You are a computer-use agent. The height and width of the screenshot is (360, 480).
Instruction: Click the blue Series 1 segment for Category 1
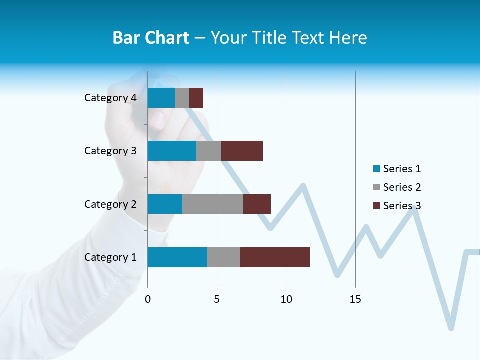coord(177,257)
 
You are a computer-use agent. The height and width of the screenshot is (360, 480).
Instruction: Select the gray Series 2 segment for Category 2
coord(213,204)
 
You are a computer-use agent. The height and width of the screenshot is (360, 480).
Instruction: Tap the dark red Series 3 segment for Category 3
coord(242,151)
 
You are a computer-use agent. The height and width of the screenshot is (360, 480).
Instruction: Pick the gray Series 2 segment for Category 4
coord(182,98)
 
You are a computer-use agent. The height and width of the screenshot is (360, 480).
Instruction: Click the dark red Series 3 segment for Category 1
coord(275,257)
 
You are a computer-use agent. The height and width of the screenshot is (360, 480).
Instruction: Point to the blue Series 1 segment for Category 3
coord(172,151)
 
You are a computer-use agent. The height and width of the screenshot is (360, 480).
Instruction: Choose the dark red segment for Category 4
coord(196,98)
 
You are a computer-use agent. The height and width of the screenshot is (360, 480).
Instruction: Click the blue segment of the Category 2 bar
coord(165,204)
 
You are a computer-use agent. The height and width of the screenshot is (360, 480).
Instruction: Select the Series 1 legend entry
coord(397,169)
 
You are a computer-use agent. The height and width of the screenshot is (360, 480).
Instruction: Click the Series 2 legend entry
coord(397,187)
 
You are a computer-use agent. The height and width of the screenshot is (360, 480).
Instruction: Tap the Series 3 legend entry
coord(397,206)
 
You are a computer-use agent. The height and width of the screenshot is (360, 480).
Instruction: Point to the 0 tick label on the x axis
coord(148,299)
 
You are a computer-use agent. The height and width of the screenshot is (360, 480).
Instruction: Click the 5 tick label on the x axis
coord(217,299)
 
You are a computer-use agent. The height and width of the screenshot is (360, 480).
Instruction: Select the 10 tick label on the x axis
coord(286,299)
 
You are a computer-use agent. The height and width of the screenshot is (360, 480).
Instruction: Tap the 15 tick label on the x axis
coord(355,299)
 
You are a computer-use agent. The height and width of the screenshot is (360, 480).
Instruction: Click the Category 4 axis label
coord(110,98)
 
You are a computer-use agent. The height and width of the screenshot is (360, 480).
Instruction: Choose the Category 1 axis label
coord(110,257)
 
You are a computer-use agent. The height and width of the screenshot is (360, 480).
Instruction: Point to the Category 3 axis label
coord(110,151)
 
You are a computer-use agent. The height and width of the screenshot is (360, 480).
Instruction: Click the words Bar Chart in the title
coord(151,38)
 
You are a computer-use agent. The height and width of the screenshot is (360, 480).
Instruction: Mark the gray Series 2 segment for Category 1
coord(224,257)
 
